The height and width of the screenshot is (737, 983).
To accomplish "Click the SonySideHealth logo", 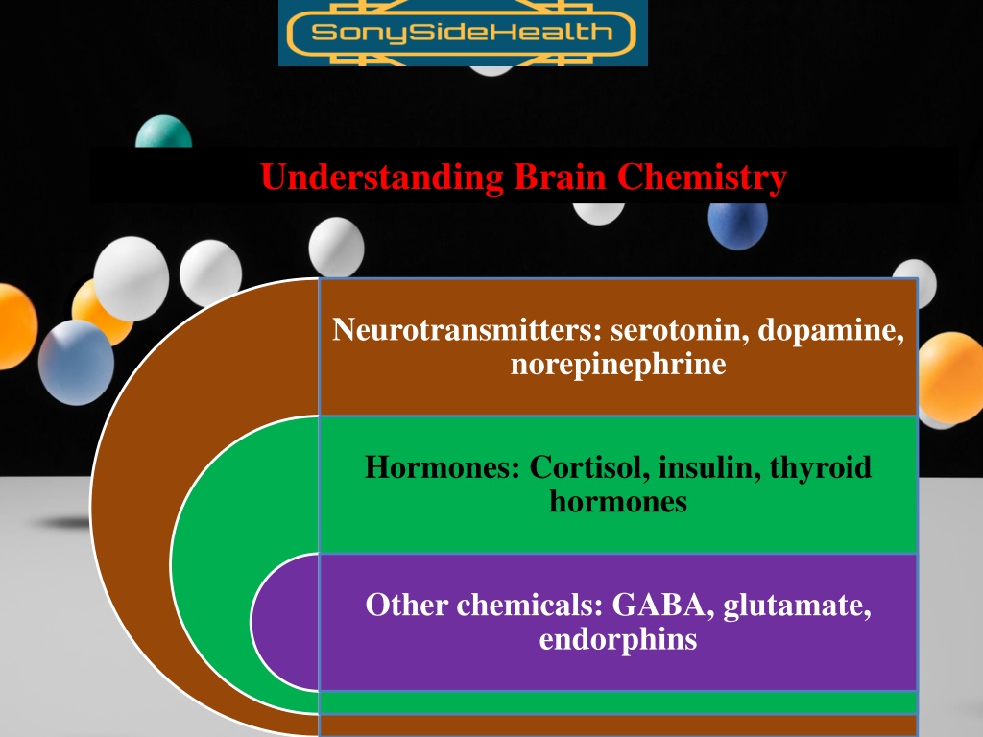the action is coord(463,32).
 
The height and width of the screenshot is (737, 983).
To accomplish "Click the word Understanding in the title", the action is coord(382,178).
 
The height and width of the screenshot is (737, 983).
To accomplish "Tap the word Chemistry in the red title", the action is coord(702,178).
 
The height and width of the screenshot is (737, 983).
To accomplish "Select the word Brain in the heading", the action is coord(560,177).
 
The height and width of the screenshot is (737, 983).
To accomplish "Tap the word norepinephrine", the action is coord(618,365).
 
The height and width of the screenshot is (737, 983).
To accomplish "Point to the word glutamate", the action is coord(797,606).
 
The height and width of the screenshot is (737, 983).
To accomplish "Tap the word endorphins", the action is coord(618,640).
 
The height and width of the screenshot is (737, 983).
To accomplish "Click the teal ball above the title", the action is coord(163,131).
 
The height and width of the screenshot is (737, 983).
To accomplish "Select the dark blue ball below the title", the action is coord(738,226).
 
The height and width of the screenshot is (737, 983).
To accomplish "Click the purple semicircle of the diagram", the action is coord(286,622).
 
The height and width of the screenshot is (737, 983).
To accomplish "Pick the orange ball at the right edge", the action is coord(950,377).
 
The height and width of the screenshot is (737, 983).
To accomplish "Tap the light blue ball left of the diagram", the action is coord(76,362).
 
